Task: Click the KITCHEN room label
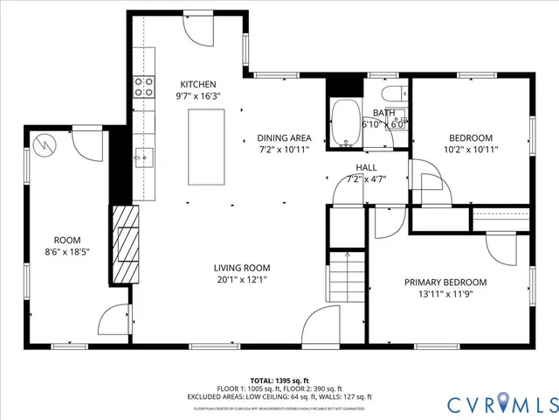click(197, 84)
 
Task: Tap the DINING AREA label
click(284, 138)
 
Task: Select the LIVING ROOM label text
click(242, 269)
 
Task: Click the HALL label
click(366, 167)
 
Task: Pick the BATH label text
click(383, 113)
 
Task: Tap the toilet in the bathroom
click(390, 94)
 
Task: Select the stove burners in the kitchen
click(143, 86)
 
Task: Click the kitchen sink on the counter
click(144, 157)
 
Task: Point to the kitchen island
click(206, 146)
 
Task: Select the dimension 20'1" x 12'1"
click(242, 280)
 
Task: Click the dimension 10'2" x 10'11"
click(471, 150)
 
